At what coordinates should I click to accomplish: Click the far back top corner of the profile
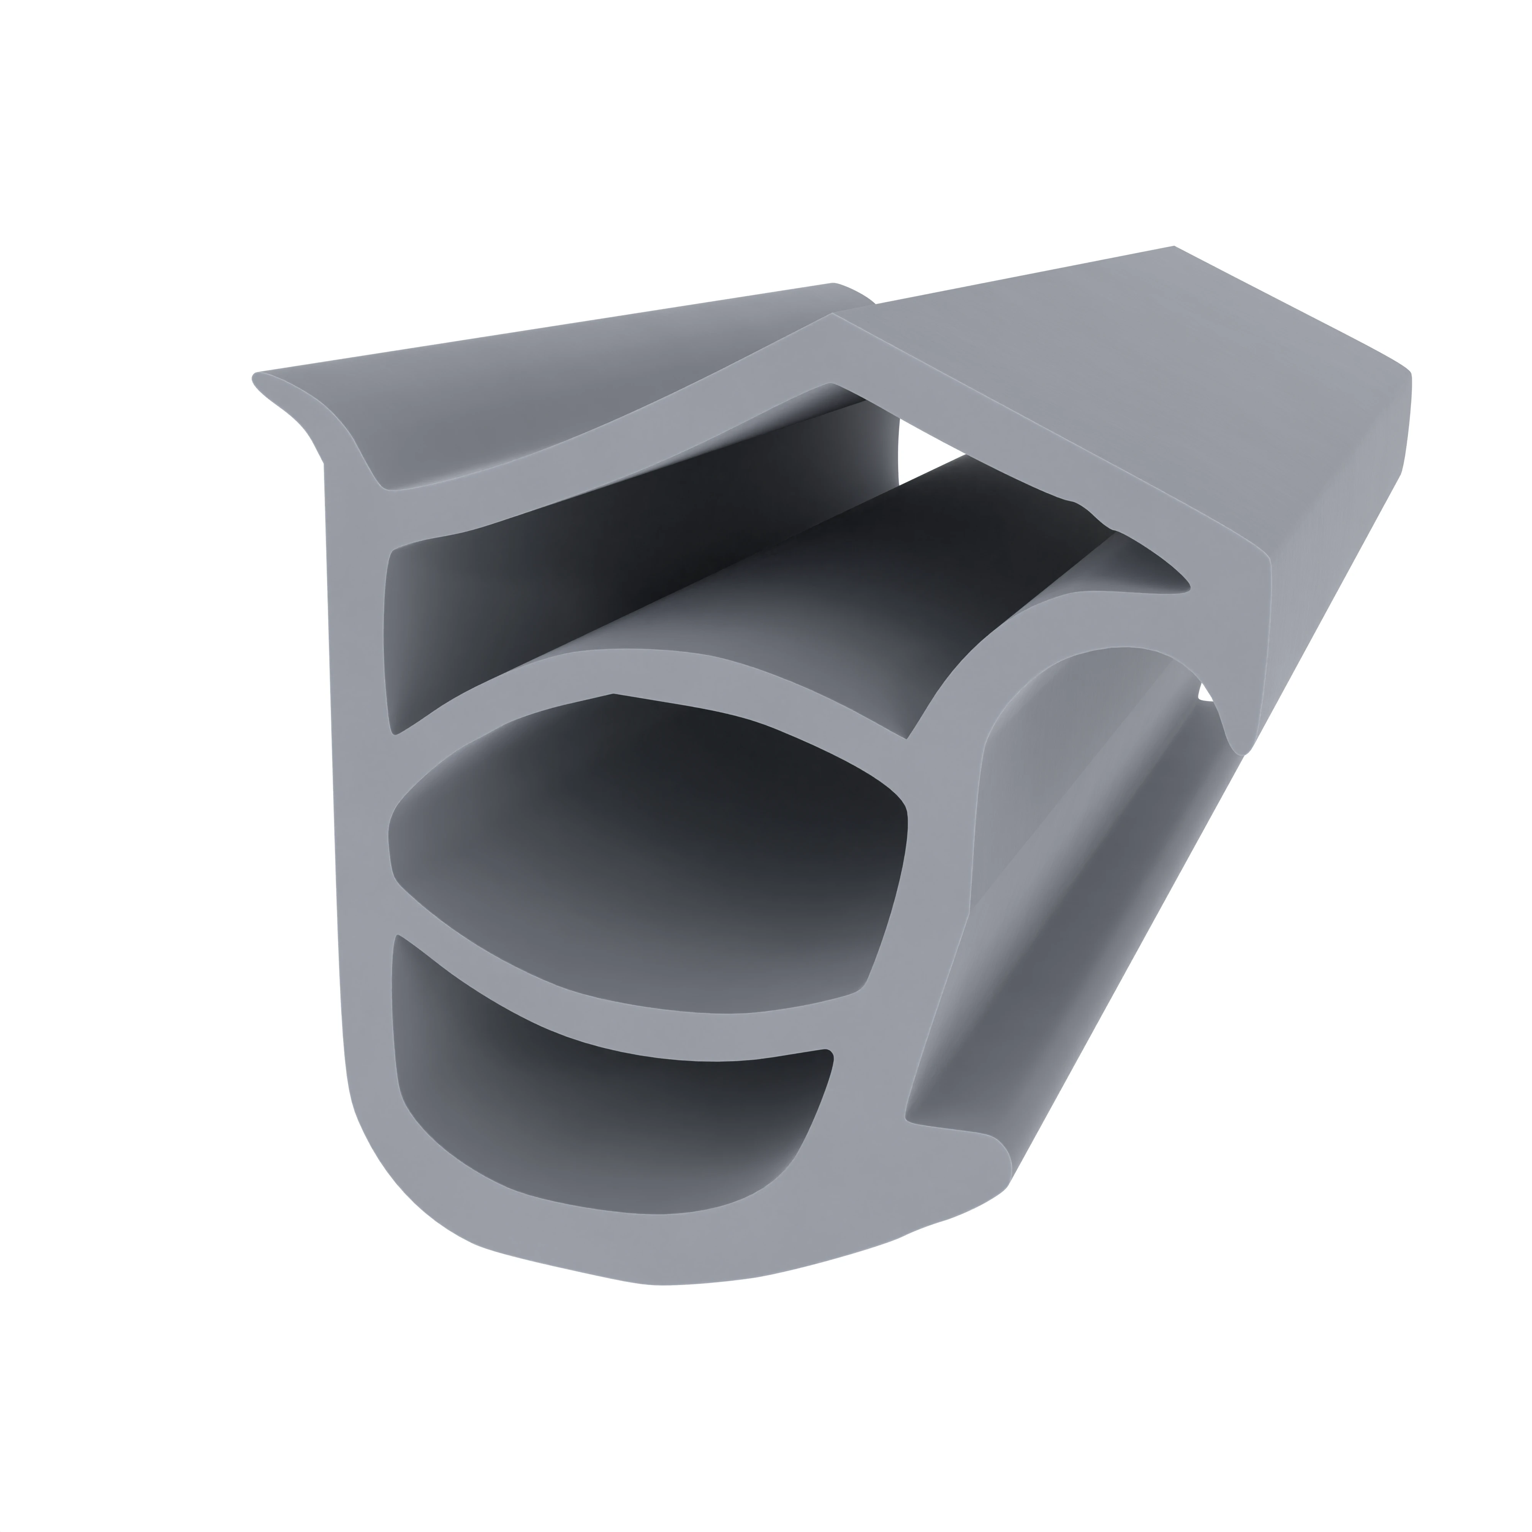click(x=1174, y=247)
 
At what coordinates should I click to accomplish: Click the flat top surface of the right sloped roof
click(x=1110, y=349)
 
